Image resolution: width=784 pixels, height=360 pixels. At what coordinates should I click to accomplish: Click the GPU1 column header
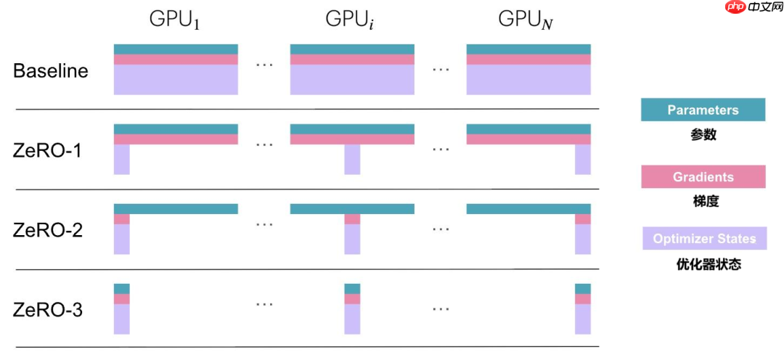pos(174,20)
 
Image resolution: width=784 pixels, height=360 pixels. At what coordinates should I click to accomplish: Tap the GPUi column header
pos(351,20)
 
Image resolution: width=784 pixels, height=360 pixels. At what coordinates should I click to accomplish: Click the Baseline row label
pos(51,71)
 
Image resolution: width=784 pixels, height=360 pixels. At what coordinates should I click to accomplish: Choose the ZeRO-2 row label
pos(48,231)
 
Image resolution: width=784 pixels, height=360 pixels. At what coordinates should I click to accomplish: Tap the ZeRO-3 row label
pos(48,310)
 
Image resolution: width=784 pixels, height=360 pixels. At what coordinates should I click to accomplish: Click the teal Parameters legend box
pos(703,110)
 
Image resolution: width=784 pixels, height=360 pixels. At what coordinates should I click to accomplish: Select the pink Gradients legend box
pos(703,177)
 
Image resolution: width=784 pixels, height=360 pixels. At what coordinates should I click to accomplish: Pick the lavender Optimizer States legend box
pos(703,239)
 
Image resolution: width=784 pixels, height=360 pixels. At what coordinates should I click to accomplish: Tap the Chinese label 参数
pos(703,134)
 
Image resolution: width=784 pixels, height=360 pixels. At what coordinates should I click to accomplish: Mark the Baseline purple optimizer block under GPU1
pos(176,80)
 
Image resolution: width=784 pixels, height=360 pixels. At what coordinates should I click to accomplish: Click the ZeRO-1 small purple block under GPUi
pos(352,160)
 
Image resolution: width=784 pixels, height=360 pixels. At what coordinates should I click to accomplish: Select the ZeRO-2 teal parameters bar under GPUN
pos(528,209)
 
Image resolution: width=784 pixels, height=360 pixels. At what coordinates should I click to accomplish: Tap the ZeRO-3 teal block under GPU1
pos(121,288)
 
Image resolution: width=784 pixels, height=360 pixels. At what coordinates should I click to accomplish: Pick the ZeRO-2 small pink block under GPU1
pos(121,218)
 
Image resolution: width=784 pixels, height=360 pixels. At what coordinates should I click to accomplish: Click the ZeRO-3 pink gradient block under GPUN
pos(583,298)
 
